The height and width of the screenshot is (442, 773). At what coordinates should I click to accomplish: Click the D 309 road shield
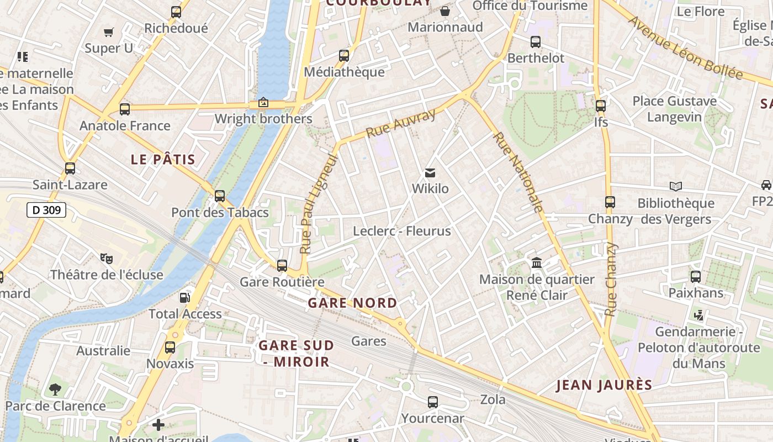(x=46, y=210)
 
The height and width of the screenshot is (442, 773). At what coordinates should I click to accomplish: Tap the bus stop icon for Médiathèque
(x=344, y=55)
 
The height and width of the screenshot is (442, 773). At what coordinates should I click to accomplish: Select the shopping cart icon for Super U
(x=109, y=32)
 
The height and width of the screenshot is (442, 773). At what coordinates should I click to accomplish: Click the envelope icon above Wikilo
(x=430, y=173)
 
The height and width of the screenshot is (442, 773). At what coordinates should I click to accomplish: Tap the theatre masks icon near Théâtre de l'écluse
(x=107, y=258)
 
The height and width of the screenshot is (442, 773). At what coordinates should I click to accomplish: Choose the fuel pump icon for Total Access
(x=184, y=298)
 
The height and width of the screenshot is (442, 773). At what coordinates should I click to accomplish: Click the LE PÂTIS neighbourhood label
(x=163, y=160)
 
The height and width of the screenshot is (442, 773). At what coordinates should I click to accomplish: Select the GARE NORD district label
(x=352, y=303)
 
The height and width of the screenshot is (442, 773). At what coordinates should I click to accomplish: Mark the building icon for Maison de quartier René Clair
(x=536, y=263)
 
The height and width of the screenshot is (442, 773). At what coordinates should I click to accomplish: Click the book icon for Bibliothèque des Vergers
(x=675, y=187)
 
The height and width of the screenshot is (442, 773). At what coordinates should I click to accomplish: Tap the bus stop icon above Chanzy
(x=610, y=202)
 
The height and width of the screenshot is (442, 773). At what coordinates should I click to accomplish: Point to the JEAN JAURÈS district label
(x=604, y=385)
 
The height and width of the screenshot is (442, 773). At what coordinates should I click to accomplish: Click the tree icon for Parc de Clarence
(x=55, y=390)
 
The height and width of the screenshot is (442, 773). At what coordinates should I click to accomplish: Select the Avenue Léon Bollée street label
(x=685, y=48)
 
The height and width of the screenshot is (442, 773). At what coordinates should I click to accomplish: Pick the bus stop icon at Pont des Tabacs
(x=220, y=196)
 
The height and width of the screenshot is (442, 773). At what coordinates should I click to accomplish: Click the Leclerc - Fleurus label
(x=402, y=231)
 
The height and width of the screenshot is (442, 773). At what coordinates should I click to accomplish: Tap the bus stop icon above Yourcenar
(x=433, y=402)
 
